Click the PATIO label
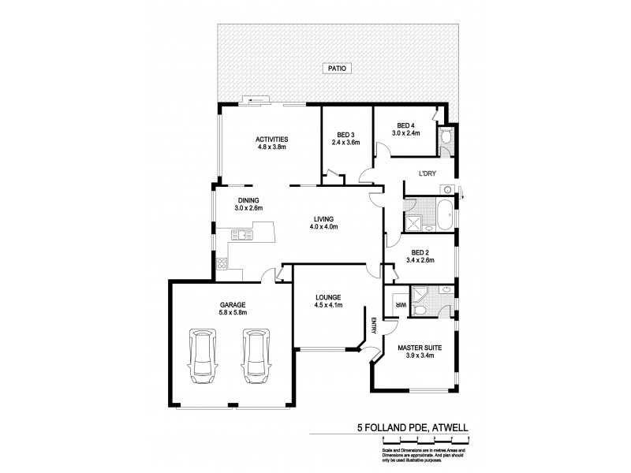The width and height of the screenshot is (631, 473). pyautogui.click(x=337, y=69)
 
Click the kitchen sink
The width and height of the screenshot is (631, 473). pyautogui.click(x=240, y=233)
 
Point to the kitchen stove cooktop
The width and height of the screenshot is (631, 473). pyautogui.click(x=222, y=266)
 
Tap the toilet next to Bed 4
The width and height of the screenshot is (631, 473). pyautogui.click(x=445, y=140)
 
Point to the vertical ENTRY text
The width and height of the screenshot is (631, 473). pyautogui.click(x=373, y=326)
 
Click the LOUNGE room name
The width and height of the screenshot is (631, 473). pyautogui.click(x=327, y=297)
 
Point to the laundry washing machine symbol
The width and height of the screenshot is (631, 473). pyautogui.click(x=446, y=189)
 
